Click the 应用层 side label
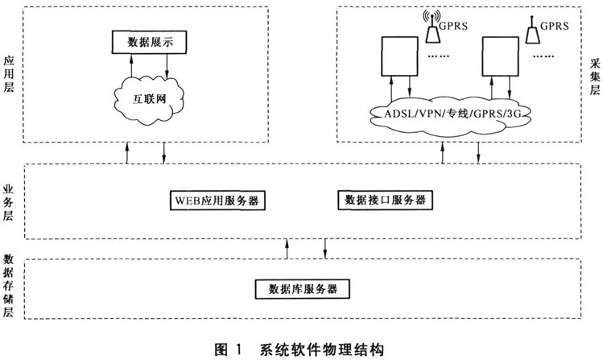(x=10, y=73)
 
